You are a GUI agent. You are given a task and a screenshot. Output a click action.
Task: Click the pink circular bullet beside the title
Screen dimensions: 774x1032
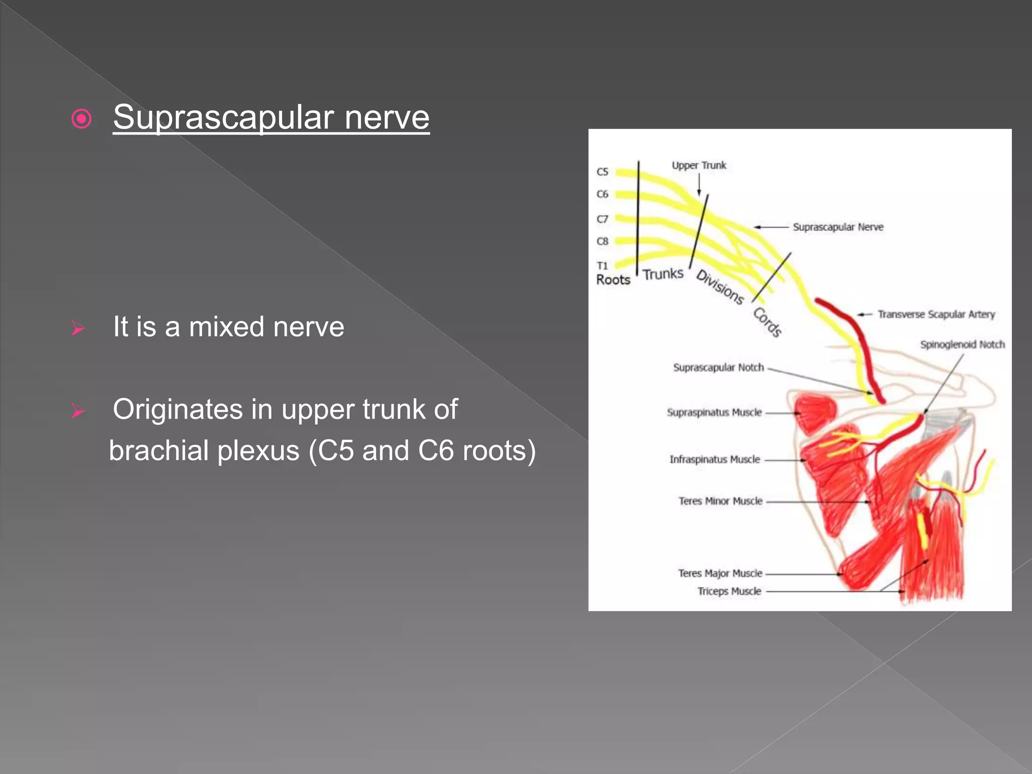pyautogui.click(x=82, y=119)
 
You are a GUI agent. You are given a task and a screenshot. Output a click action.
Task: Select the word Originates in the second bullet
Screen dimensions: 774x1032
pyautogui.click(x=177, y=409)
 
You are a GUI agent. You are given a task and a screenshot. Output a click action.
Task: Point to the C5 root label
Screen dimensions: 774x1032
pyautogui.click(x=602, y=172)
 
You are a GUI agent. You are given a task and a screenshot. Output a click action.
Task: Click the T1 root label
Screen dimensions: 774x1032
pyautogui.click(x=602, y=266)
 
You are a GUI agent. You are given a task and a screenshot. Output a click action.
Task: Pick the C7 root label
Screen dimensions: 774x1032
pyautogui.click(x=602, y=219)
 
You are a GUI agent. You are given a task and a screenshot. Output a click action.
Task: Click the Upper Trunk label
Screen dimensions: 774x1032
pyautogui.click(x=698, y=165)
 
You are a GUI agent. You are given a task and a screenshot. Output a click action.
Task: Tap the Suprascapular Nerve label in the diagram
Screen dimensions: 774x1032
pyautogui.click(x=838, y=227)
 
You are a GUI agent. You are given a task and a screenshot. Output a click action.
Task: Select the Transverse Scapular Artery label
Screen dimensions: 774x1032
pyautogui.click(x=936, y=314)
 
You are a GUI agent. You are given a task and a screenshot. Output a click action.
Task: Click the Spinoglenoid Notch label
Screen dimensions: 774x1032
pyautogui.click(x=962, y=345)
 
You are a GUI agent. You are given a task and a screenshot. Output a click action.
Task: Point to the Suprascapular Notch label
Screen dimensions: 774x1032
pyautogui.click(x=718, y=367)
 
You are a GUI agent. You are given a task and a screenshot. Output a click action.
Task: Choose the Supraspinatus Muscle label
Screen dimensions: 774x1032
pyautogui.click(x=714, y=412)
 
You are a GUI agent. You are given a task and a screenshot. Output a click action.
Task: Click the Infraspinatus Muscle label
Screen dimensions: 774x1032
pyautogui.click(x=714, y=459)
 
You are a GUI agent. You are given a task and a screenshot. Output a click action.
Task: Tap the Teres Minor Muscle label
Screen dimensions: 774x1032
pyautogui.click(x=720, y=501)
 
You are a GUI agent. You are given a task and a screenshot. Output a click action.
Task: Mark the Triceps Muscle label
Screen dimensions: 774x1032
pyautogui.click(x=729, y=591)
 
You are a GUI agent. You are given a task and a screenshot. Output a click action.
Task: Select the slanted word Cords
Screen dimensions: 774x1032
pyautogui.click(x=767, y=321)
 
